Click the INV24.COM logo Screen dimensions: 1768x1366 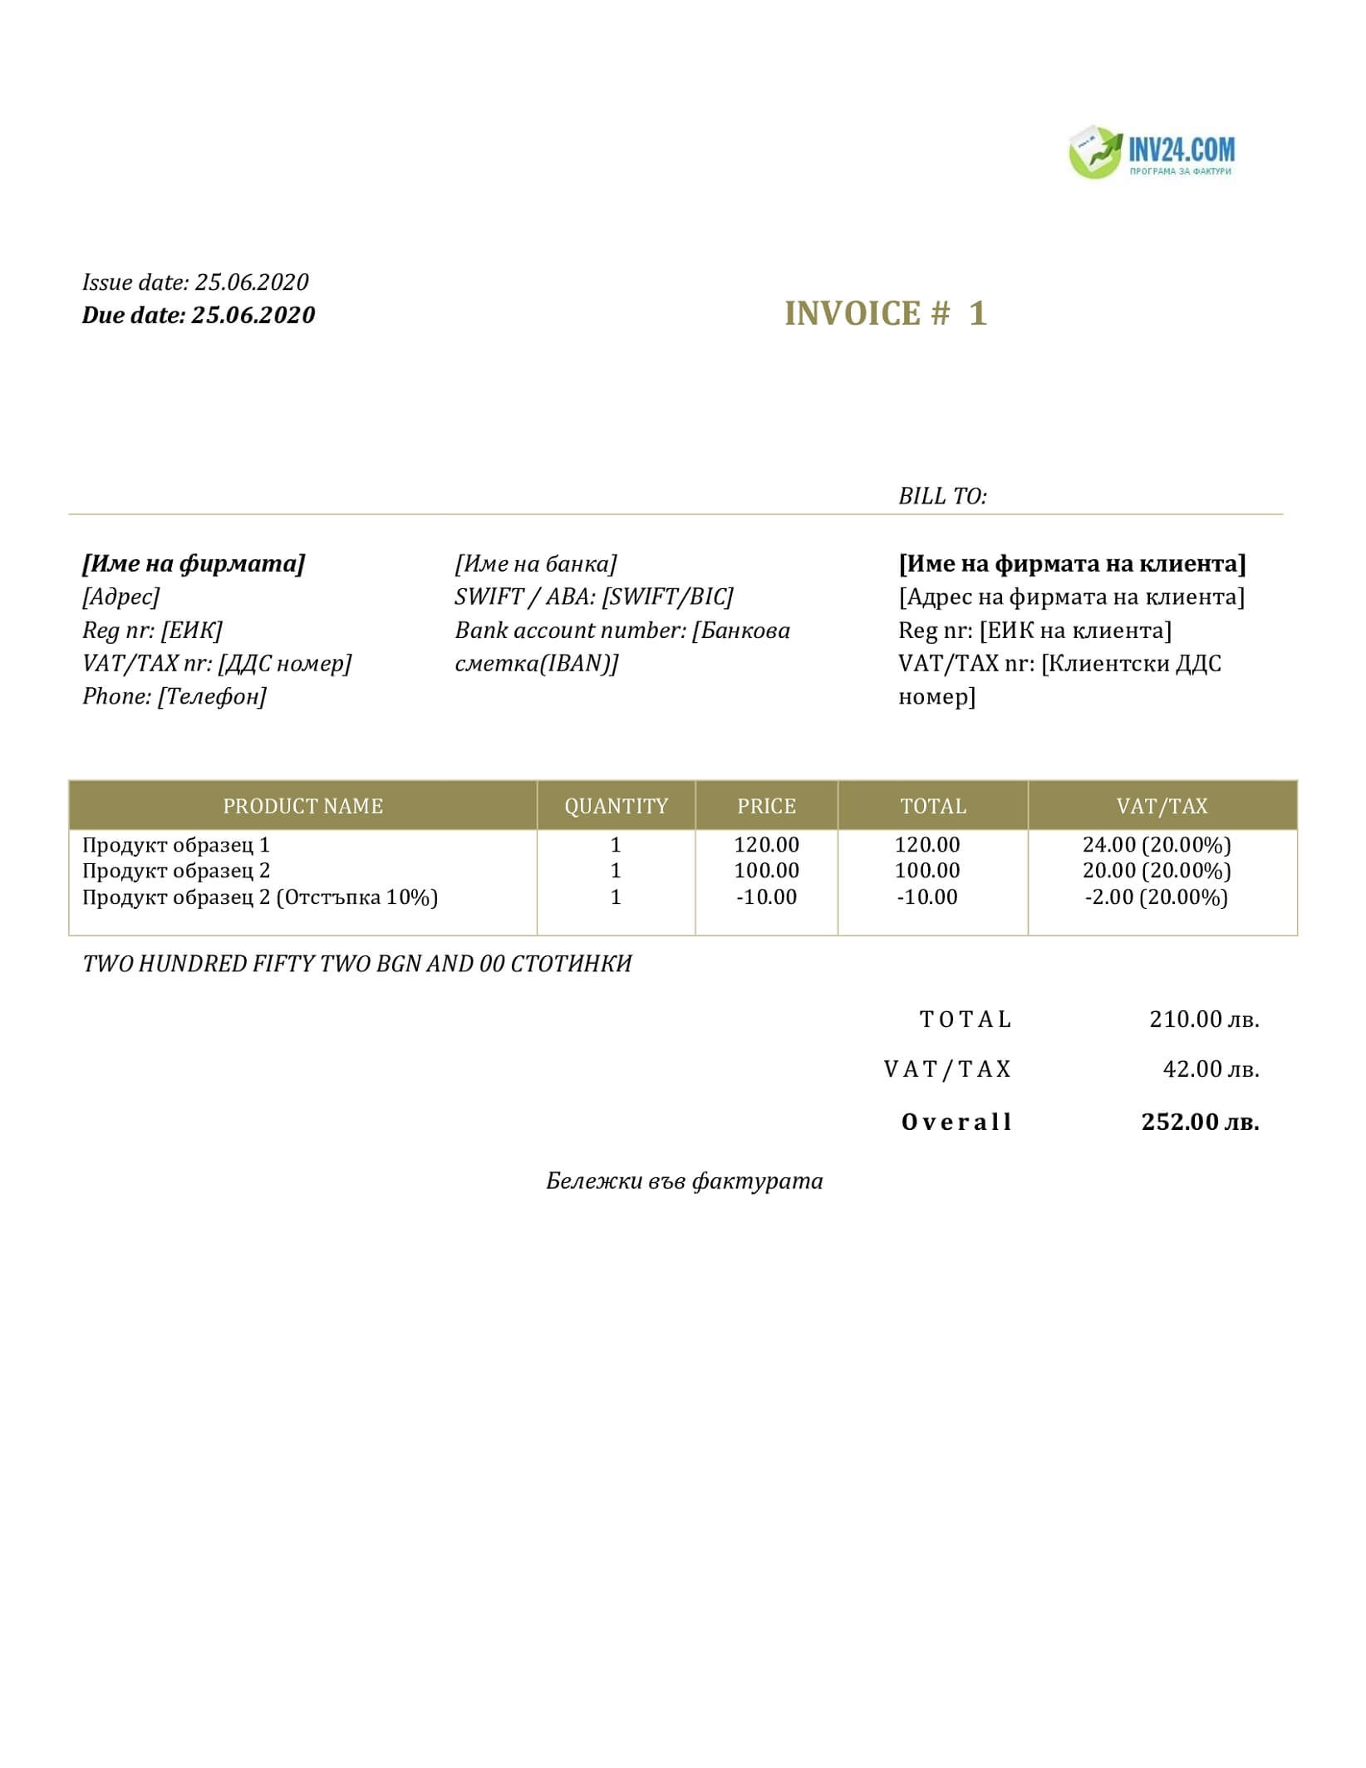pos(1152,153)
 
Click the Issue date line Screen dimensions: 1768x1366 pos(195,282)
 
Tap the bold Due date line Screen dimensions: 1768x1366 pos(199,315)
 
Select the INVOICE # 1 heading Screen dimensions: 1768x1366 pos(886,313)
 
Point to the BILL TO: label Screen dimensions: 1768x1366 pos(942,496)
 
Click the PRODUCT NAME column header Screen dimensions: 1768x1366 pos(302,806)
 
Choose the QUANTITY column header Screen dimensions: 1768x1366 pos(616,806)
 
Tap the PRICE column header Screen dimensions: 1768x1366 pos(766,806)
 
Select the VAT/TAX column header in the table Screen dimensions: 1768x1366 pos(1162,806)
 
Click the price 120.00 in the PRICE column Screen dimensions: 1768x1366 pos(766,845)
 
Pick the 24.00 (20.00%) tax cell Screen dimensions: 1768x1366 pos(1157,845)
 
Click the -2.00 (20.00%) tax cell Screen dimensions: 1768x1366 pos(1156,897)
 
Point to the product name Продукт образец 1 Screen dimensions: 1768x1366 pos(176,845)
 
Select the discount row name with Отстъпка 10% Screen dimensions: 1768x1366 pos(260,897)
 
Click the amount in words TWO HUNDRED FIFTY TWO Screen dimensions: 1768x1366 pos(357,964)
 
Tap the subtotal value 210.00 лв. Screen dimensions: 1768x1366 pos(1204,1019)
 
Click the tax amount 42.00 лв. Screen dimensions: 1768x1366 pos(1211,1069)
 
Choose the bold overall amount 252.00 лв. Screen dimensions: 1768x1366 pos(1200,1122)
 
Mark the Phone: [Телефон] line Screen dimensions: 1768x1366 pos(174,696)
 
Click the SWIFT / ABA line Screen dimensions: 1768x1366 pos(594,597)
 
